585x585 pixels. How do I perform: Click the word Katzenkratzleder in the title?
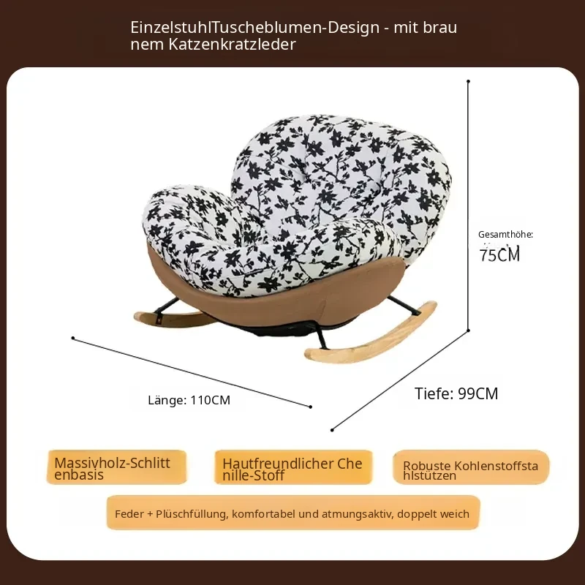[x=232, y=45]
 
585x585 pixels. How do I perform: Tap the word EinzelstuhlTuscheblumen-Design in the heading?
[x=254, y=28]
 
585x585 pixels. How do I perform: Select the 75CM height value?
[x=499, y=254]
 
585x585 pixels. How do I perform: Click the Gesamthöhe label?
[x=505, y=235]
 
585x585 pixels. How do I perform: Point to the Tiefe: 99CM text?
[x=456, y=393]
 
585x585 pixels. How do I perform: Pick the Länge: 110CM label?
[x=189, y=400]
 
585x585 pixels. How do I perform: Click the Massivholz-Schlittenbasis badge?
[x=116, y=467]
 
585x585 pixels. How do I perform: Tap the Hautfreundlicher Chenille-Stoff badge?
[x=293, y=467]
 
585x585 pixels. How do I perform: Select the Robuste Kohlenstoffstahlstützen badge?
[x=471, y=467]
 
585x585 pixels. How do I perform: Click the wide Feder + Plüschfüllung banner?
[x=293, y=513]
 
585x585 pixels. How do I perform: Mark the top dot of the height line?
[x=468, y=81]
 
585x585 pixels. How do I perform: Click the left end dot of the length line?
[x=73, y=338]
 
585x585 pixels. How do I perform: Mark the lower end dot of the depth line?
[x=332, y=430]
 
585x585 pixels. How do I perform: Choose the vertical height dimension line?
[x=468, y=205]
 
